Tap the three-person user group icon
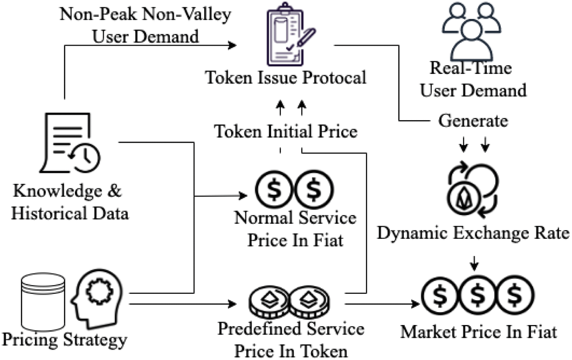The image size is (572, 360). tap(471, 30)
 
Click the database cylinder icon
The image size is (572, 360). tap(43, 302)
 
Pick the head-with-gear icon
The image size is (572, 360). tap(97, 298)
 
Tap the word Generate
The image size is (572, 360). tap(473, 121)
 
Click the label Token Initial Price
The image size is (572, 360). tap(285, 132)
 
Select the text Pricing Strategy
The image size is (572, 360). tap(64, 340)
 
